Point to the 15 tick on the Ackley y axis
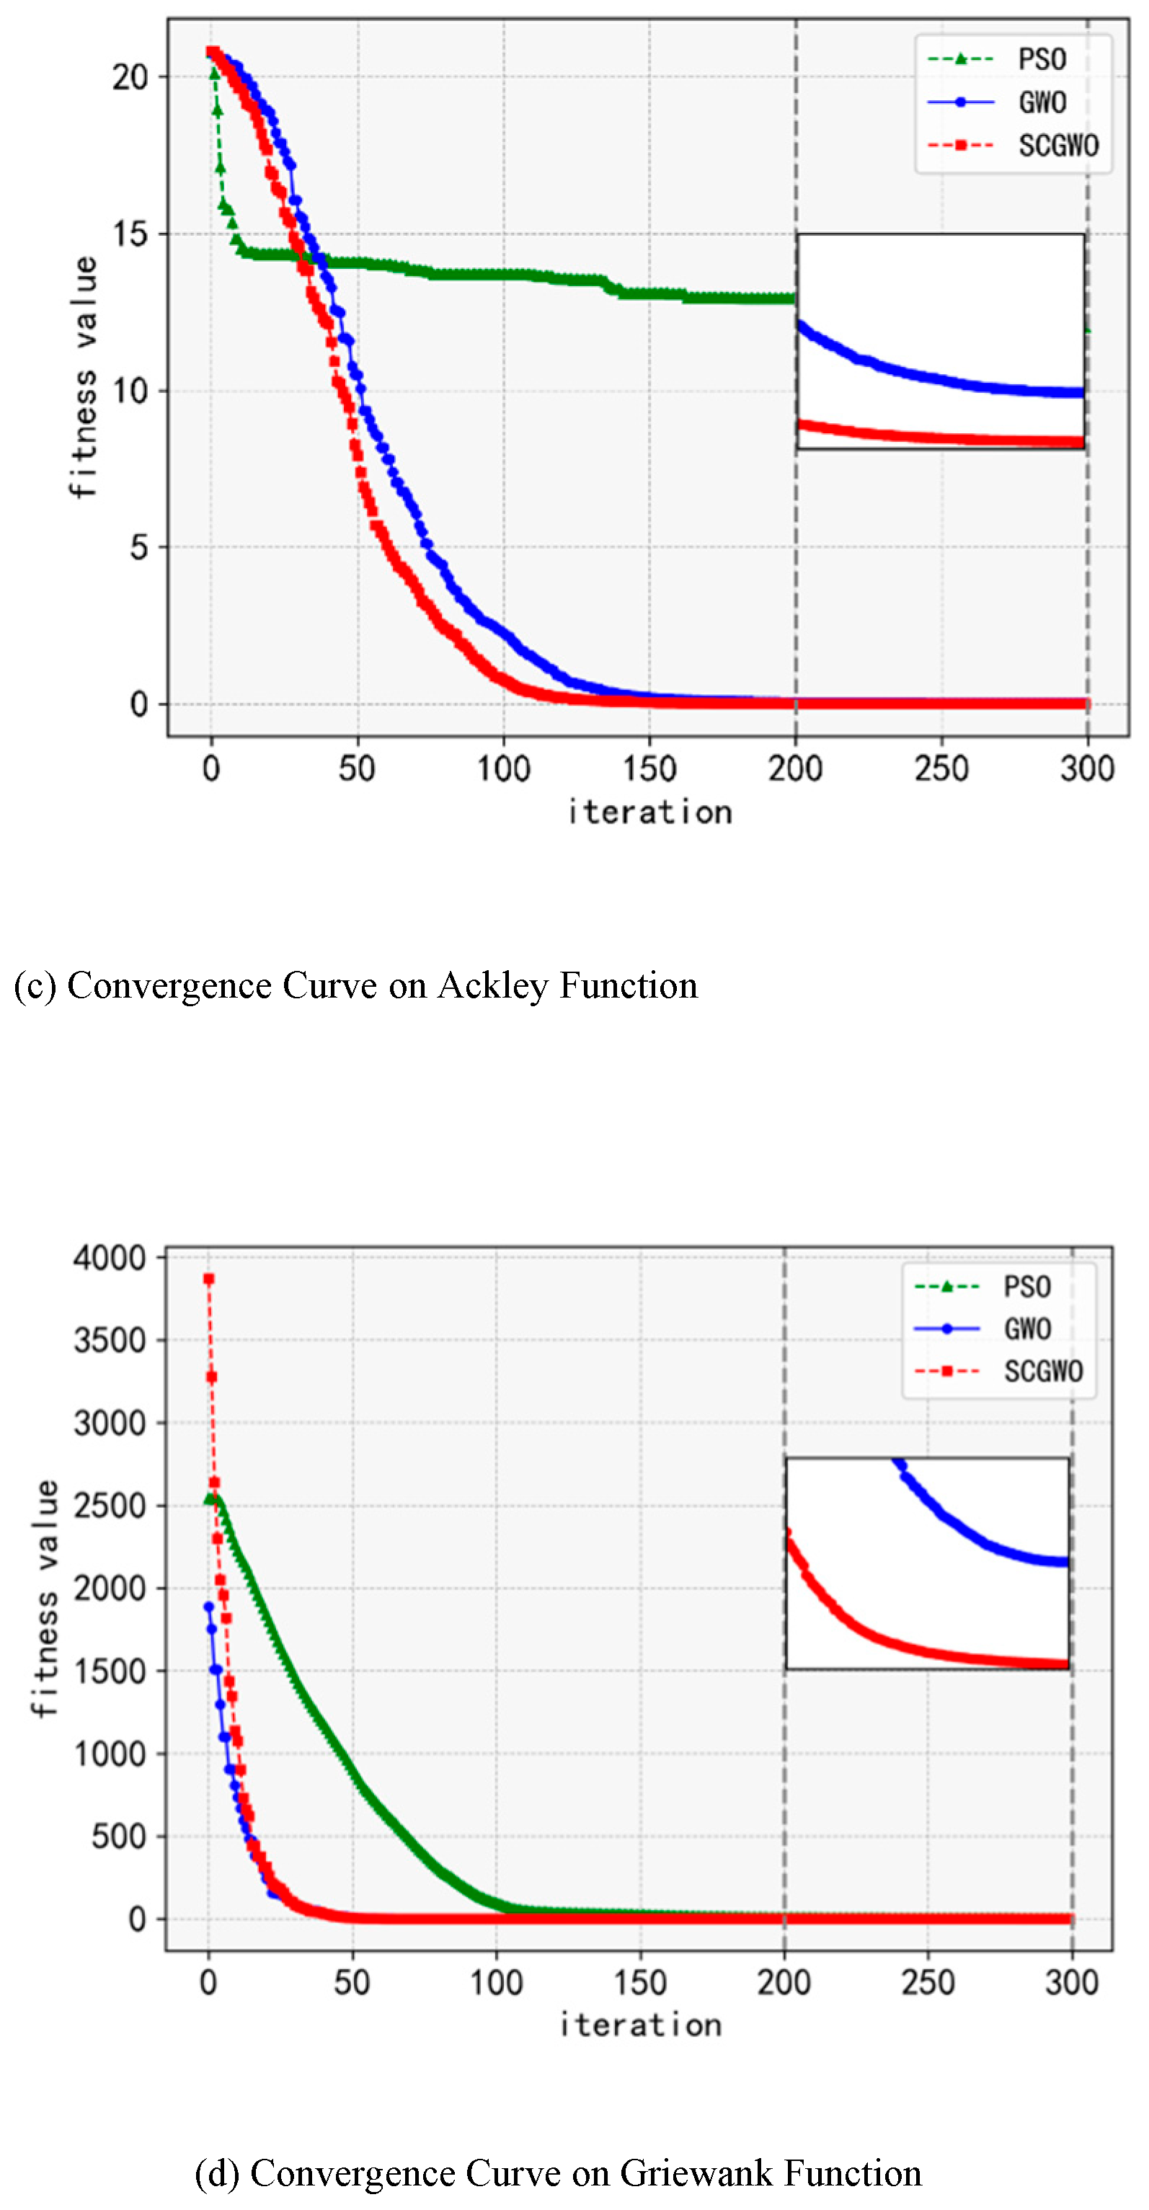pos(130,234)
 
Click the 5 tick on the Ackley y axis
pos(139,547)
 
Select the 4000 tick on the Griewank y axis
pos(110,1258)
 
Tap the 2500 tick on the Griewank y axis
pos(110,1506)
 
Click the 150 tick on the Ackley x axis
pos(649,768)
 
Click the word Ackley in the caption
pos(492,985)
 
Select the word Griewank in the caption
pos(696,2173)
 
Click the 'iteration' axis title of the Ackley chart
pos(649,812)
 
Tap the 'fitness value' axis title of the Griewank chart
pos(45,1597)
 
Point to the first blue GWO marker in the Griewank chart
pos(208,1607)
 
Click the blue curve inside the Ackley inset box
pos(901,371)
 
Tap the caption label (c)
pos(35,985)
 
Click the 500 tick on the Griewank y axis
pos(118,1837)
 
